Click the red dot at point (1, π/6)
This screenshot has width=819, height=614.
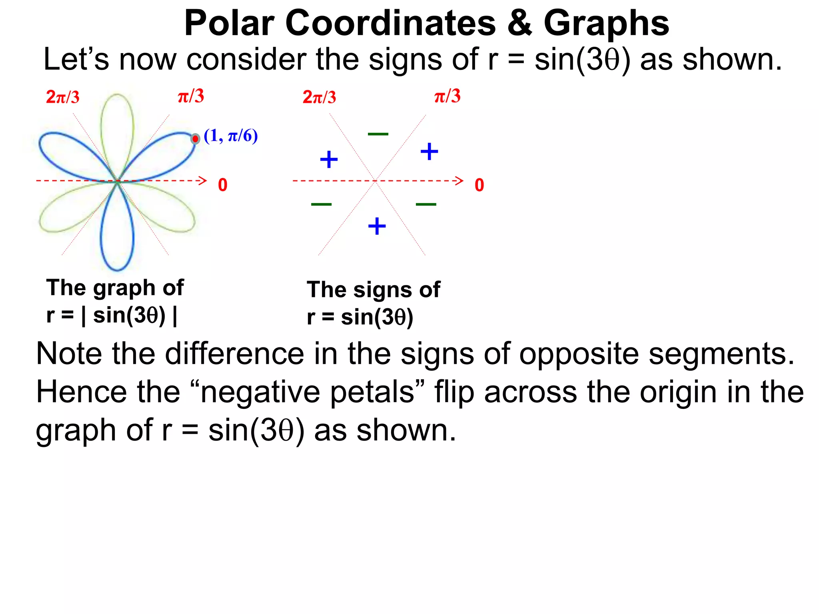click(195, 139)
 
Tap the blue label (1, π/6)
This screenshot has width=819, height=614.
click(231, 136)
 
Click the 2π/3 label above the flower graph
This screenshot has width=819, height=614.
click(63, 97)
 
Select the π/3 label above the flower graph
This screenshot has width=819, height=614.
click(191, 96)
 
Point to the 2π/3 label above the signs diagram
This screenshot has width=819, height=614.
click(319, 97)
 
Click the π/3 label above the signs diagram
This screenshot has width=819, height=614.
click(447, 96)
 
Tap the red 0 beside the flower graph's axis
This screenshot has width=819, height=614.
click(223, 185)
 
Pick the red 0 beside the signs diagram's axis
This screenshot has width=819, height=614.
click(479, 185)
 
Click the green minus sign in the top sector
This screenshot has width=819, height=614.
click(378, 134)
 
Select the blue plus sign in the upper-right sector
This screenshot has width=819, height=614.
click(429, 152)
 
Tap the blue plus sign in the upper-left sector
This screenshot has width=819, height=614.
click(329, 159)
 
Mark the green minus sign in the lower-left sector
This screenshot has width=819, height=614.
click(321, 204)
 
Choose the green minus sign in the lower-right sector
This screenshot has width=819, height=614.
click(426, 204)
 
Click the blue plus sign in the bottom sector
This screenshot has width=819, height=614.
click(377, 226)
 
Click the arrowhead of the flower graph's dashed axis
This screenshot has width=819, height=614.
click(203, 181)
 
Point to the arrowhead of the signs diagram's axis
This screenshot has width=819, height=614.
click(459, 181)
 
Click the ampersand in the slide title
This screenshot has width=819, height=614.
click(519, 23)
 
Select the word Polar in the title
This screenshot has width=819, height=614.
click(229, 23)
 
